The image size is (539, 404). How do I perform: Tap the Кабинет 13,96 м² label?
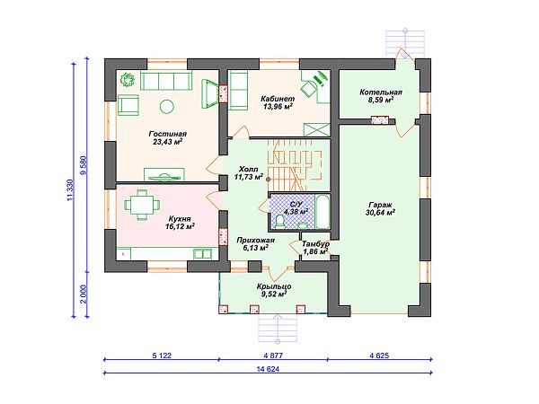click(x=278, y=102)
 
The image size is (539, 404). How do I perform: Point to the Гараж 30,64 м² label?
click(x=380, y=209)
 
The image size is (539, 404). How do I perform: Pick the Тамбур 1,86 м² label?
click(x=315, y=248)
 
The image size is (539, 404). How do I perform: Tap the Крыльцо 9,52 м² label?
click(x=274, y=290)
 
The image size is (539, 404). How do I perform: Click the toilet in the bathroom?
click(x=280, y=221)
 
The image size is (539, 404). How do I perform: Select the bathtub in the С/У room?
click(x=323, y=212)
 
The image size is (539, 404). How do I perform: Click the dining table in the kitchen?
click(x=142, y=205)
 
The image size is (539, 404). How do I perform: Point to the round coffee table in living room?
click(x=167, y=107)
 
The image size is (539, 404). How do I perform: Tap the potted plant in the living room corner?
click(x=128, y=79)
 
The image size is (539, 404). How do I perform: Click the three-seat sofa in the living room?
click(x=166, y=82)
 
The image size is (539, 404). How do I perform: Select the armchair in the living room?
click(x=128, y=105)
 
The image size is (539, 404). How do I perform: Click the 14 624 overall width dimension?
click(x=268, y=369)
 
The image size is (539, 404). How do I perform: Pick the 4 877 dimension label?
click(x=273, y=356)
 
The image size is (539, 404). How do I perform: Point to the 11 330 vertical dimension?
click(x=70, y=189)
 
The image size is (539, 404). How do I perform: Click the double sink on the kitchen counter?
click(x=202, y=254)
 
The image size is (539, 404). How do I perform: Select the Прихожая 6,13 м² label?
click(x=255, y=244)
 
